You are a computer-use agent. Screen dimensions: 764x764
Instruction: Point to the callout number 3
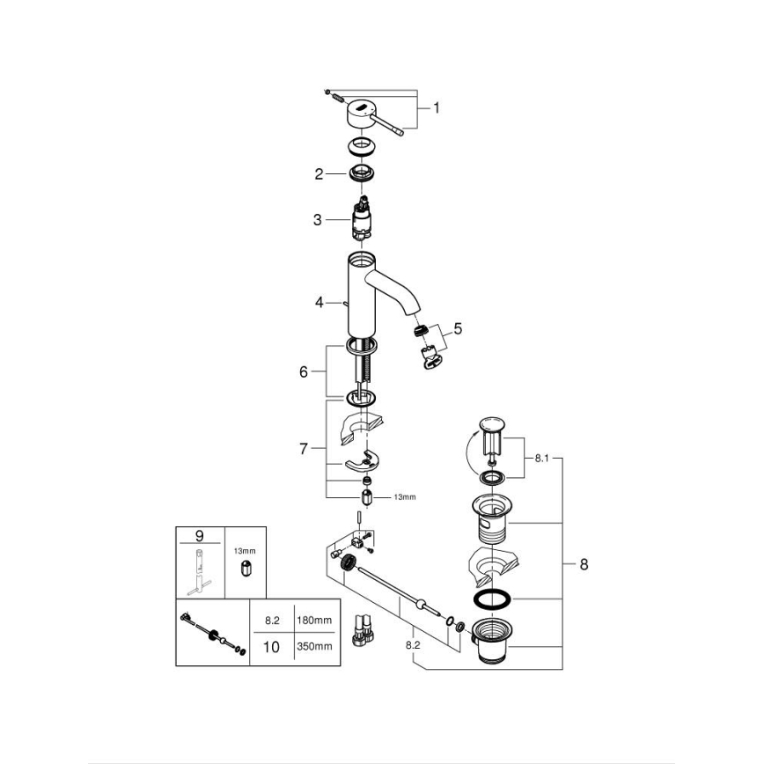click(x=317, y=220)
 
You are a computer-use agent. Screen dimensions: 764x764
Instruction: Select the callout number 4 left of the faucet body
click(x=320, y=303)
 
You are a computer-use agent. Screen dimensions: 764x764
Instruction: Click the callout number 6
click(x=305, y=371)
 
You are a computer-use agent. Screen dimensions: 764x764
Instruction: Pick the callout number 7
click(x=305, y=449)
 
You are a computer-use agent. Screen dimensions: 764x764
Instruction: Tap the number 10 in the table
click(x=271, y=646)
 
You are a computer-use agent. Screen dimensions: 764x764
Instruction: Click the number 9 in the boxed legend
click(x=199, y=534)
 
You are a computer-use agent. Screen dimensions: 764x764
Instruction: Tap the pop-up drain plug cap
click(x=491, y=430)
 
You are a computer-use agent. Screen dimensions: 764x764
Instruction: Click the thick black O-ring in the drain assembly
click(x=492, y=600)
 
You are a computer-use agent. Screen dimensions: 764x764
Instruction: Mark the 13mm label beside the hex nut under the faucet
click(x=404, y=497)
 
